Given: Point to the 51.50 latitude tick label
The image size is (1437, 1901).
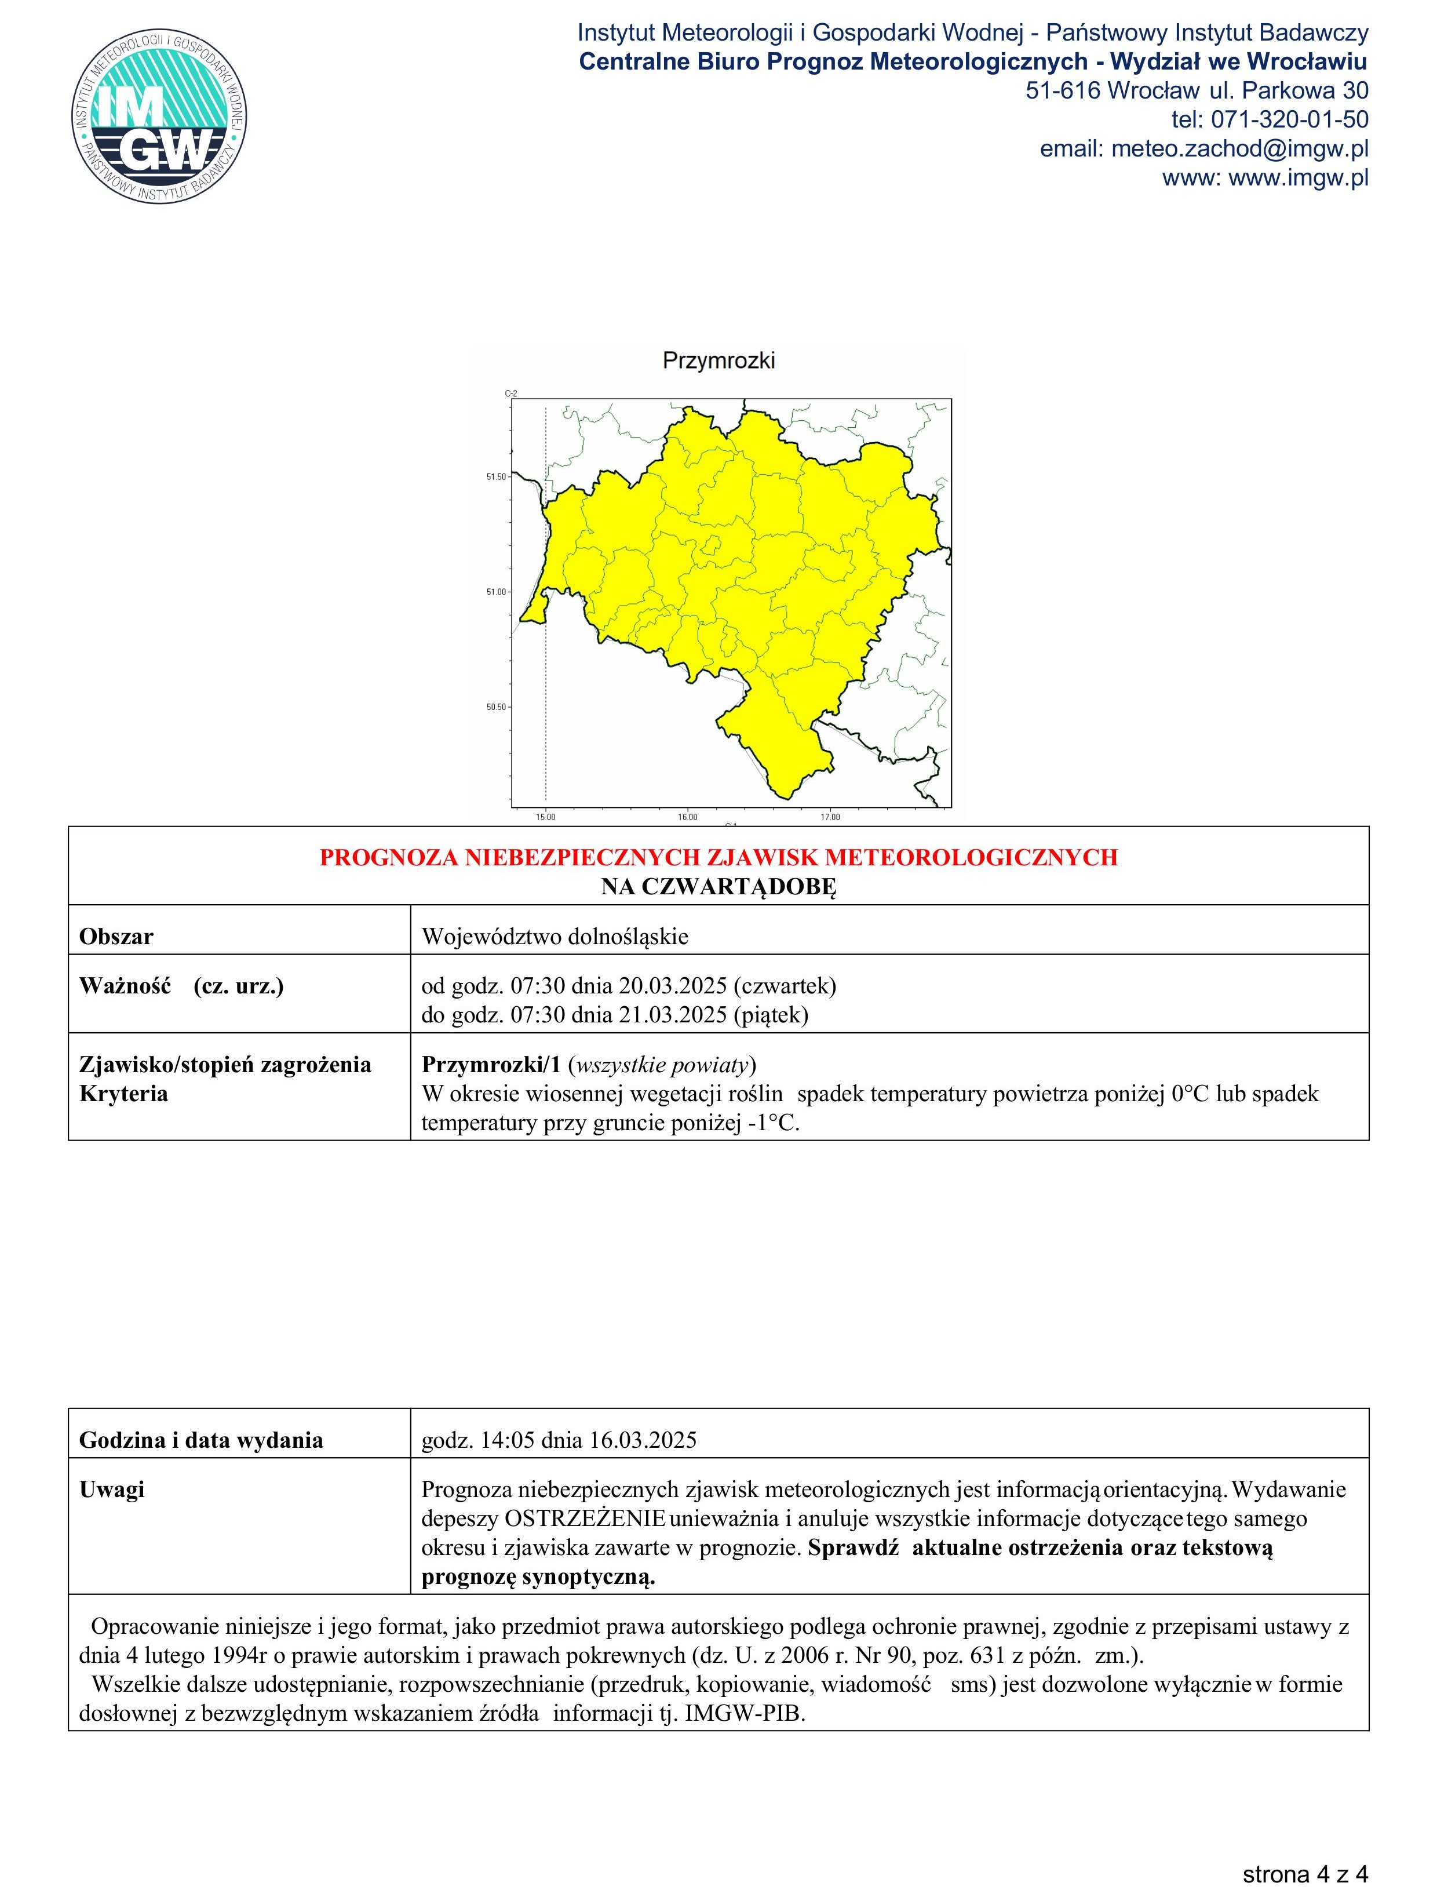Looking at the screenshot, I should point(496,476).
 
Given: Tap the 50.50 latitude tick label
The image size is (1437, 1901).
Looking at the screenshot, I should point(496,707).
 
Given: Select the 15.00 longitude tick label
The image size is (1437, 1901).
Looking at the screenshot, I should point(545,817).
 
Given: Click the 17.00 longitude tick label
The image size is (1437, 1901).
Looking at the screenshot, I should point(829,817).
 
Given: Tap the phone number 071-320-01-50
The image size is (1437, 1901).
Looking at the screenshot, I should point(1289,119).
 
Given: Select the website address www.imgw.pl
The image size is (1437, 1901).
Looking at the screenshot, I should point(1298,178).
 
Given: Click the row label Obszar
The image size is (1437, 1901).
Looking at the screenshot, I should point(116,937).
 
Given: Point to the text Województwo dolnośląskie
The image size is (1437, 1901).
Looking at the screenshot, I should point(555,937).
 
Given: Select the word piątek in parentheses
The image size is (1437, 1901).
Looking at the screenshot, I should point(770,1015).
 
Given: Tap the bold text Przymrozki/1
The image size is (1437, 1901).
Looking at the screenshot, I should point(491,1065).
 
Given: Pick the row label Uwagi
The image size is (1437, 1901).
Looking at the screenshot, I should point(112,1490).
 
